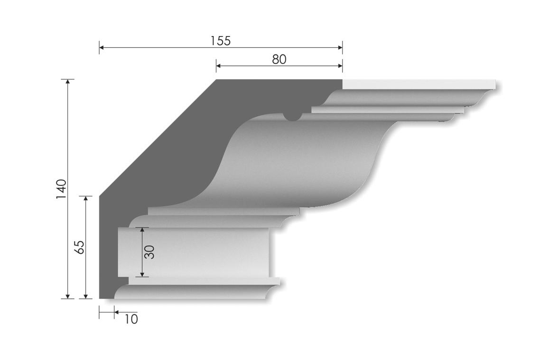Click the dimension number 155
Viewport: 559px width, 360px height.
click(x=220, y=41)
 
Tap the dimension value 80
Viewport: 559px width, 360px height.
click(x=279, y=59)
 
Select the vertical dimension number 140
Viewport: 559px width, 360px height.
click(x=61, y=189)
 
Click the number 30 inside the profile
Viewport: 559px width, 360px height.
click(x=150, y=252)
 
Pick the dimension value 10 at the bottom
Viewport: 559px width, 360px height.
click(x=131, y=319)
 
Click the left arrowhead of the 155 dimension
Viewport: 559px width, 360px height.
click(x=102, y=47)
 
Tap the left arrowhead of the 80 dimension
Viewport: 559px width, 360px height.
click(x=219, y=66)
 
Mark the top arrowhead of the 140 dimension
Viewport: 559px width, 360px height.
click(x=68, y=82)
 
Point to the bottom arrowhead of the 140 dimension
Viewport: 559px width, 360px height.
click(x=68, y=296)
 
